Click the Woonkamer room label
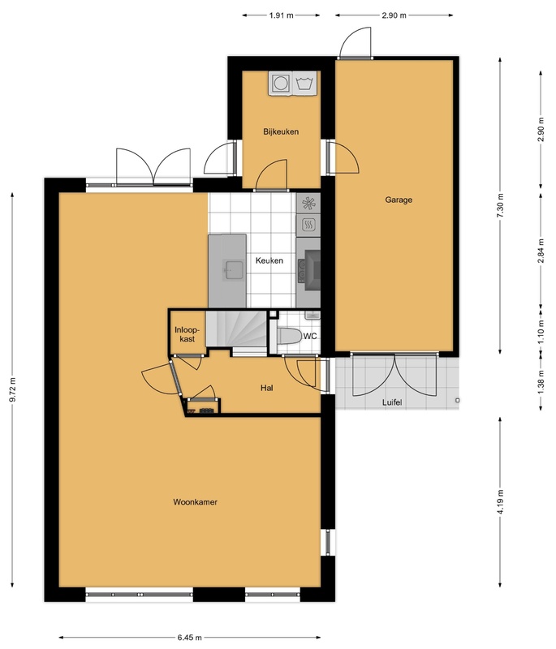click(195, 502)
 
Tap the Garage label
click(399, 200)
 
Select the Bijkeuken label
click(281, 131)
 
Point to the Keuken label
click(269, 260)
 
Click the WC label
click(310, 336)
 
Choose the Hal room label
click(266, 388)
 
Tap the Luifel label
click(392, 402)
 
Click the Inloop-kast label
click(187, 334)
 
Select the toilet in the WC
click(288, 336)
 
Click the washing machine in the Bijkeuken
click(280, 84)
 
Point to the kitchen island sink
click(234, 270)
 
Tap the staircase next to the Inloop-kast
click(236, 329)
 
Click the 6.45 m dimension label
click(190, 638)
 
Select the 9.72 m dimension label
click(12, 389)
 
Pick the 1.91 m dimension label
click(281, 15)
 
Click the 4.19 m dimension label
click(500, 501)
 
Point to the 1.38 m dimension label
click(541, 381)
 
